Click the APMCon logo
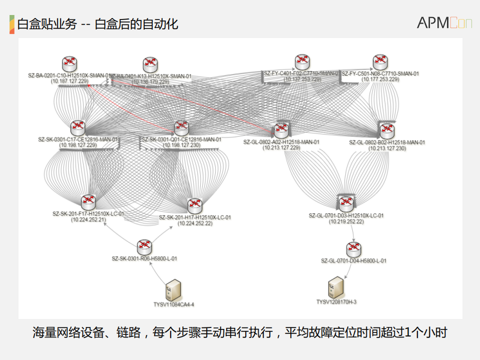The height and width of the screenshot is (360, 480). click(x=444, y=23)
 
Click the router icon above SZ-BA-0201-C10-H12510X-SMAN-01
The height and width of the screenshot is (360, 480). click(x=70, y=64)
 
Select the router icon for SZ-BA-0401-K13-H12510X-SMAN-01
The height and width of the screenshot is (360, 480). click(x=150, y=64)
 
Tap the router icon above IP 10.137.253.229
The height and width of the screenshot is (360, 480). click(x=302, y=62)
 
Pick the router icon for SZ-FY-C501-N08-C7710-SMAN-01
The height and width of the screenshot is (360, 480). click(x=380, y=63)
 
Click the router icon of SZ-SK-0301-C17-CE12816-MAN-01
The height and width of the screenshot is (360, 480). click(x=78, y=128)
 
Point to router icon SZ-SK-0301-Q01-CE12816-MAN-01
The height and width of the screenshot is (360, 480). click(x=181, y=128)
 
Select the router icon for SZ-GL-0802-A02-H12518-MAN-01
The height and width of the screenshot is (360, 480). click(x=281, y=131)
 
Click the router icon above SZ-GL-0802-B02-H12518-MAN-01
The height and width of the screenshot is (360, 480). click(x=386, y=131)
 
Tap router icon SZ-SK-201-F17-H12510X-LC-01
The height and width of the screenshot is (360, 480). click(x=88, y=202)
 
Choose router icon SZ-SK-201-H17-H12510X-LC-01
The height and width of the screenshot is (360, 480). click(x=194, y=206)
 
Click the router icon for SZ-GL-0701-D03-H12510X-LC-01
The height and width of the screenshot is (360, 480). click(x=346, y=203)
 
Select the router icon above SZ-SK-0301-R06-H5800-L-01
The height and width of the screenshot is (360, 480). click(x=144, y=246)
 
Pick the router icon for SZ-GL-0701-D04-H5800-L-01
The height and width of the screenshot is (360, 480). click(x=353, y=249)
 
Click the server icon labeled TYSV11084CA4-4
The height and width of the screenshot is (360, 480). click(x=173, y=290)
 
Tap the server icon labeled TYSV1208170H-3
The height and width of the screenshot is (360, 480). click(x=336, y=287)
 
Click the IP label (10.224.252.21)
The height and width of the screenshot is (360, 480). click(x=88, y=219)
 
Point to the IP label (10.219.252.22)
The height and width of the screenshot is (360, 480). click(x=346, y=221)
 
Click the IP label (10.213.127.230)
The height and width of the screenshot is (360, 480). click(x=387, y=148)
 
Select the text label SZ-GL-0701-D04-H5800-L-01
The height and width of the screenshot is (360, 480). click(x=353, y=260)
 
